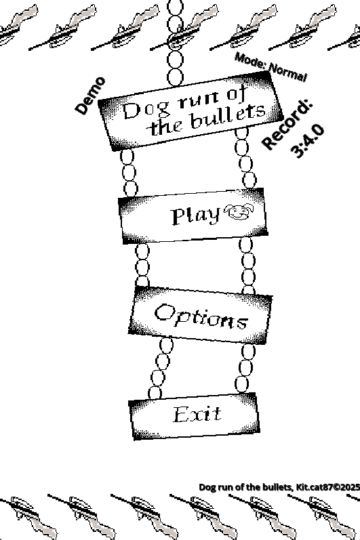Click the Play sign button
coord(193,216)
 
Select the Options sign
coord(201,316)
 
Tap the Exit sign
coord(194,416)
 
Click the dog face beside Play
coord(239,211)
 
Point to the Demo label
coord(90,96)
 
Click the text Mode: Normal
coord(271,67)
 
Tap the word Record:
coord(287,124)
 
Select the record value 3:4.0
coord(307,141)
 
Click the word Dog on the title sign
coord(146,110)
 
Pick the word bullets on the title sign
coord(228,116)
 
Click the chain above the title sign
coord(176,43)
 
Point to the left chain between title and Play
coord(129,173)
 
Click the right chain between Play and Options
coord(247,266)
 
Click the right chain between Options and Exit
coord(245,369)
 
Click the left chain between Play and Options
coord(142,265)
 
